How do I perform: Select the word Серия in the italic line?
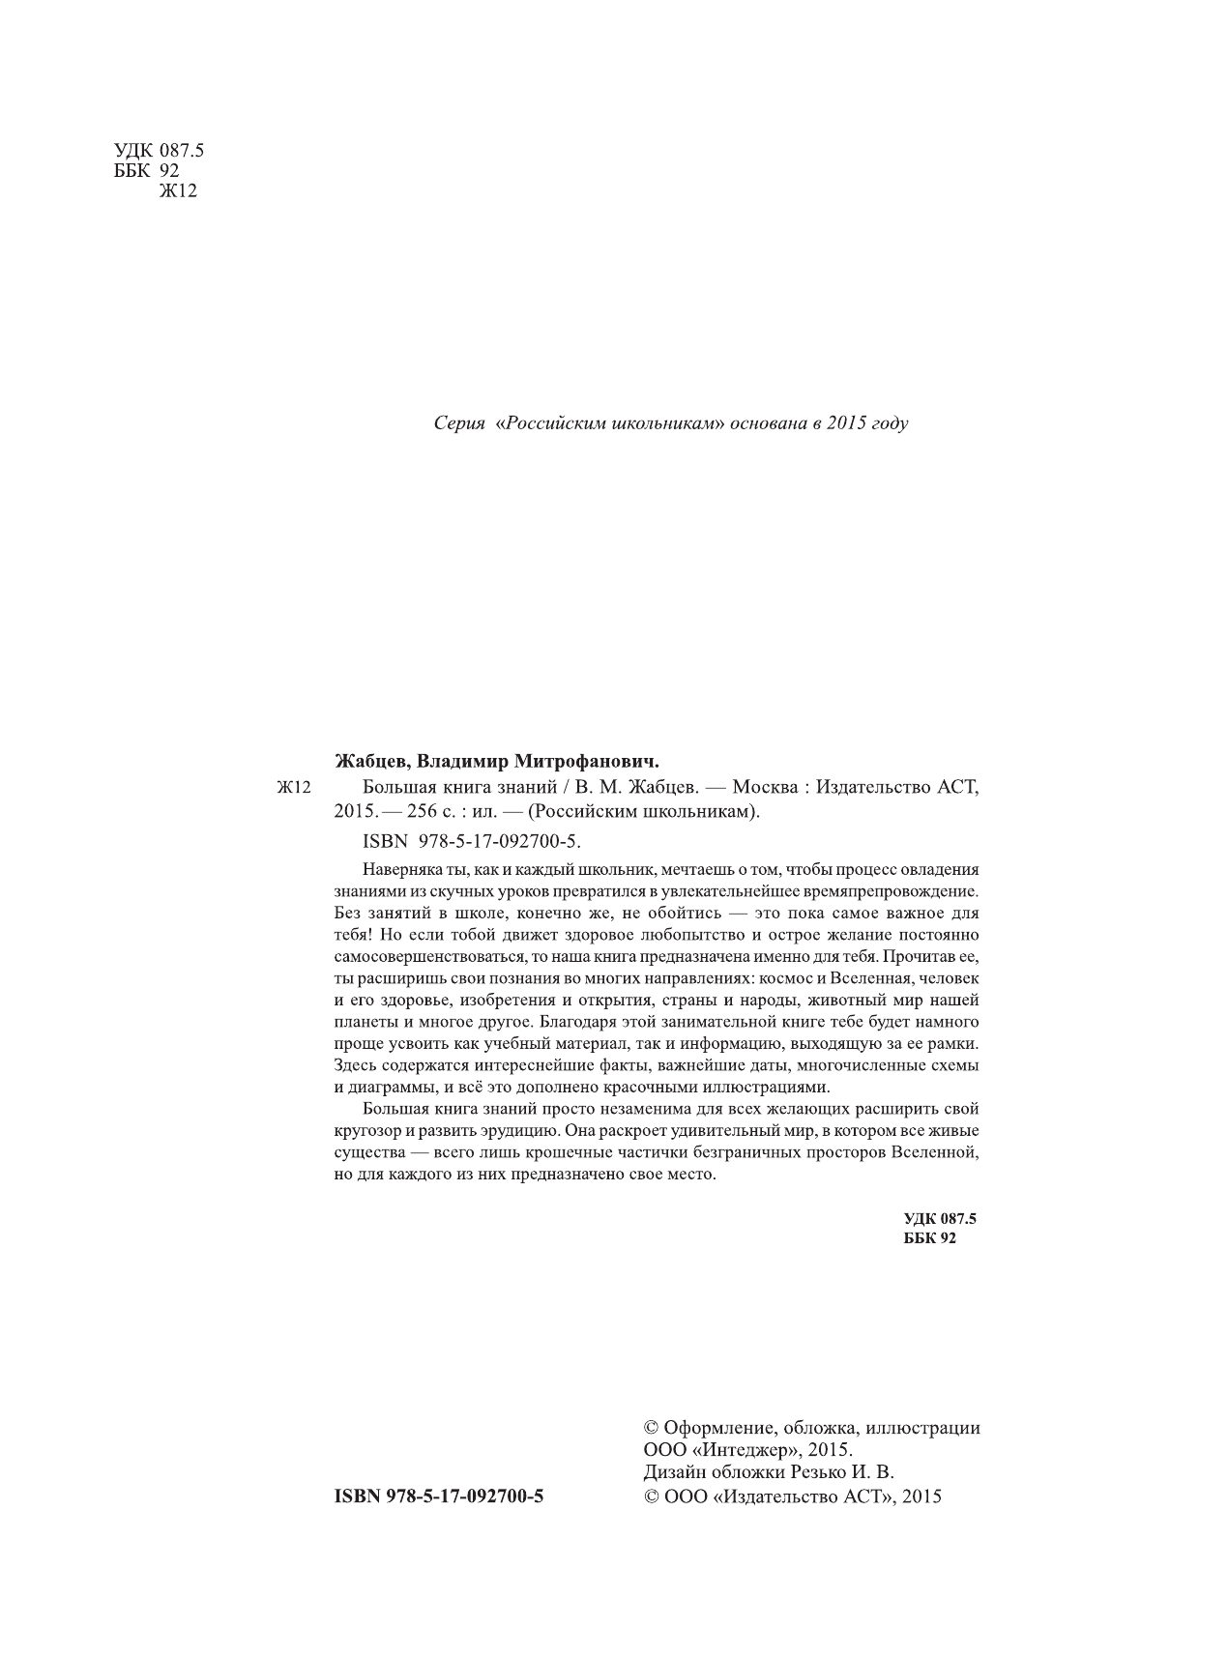[458, 423]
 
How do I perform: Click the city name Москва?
[767, 787]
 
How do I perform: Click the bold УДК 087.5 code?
[940, 1220]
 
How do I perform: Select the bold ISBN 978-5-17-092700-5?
[439, 1496]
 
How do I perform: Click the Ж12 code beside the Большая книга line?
[292, 788]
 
